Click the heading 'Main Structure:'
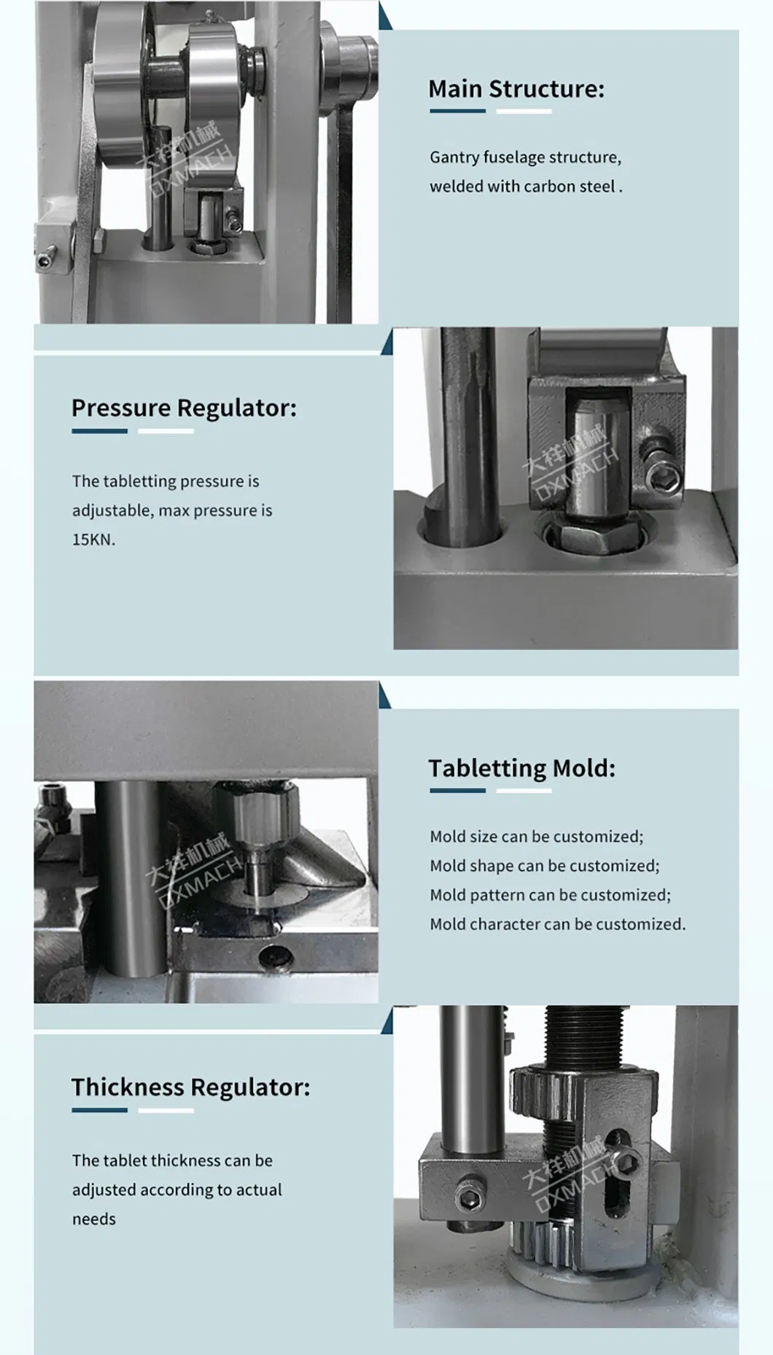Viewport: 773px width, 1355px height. [x=516, y=89]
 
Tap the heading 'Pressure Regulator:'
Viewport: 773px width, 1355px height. [x=184, y=408]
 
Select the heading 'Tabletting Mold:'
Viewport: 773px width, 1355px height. [x=522, y=768]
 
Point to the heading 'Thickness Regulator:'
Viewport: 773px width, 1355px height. [x=190, y=1087]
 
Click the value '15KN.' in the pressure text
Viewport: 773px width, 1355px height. [x=93, y=539]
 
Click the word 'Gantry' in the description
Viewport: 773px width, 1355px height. [x=454, y=157]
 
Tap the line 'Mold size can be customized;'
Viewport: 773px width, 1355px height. [x=537, y=836]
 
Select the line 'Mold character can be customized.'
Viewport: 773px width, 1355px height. [x=558, y=923]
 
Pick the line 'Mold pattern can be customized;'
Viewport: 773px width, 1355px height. [x=551, y=894]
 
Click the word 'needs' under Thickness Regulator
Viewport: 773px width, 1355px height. [x=94, y=1219]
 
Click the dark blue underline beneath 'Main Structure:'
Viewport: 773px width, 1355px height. [x=457, y=112]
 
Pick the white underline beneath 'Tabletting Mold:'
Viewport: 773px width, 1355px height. [x=524, y=790]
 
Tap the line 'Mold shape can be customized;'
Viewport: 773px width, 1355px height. [x=545, y=865]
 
